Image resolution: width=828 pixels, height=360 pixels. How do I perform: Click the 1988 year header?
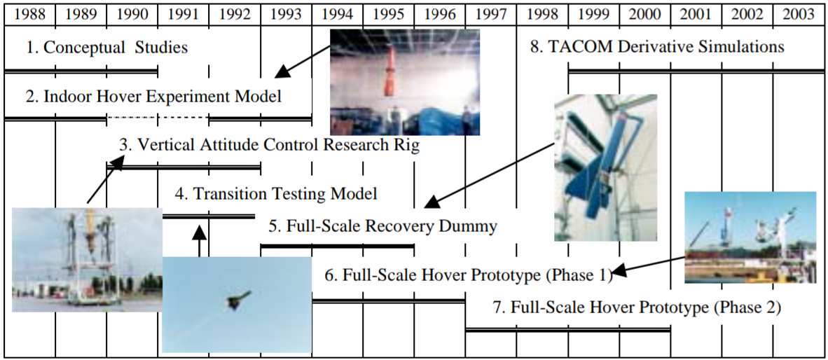(x=29, y=13)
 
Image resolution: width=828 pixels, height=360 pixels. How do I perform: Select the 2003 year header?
(x=798, y=13)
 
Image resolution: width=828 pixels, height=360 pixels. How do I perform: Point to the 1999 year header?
(x=593, y=13)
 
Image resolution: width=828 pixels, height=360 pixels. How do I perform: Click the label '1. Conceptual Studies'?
(x=107, y=48)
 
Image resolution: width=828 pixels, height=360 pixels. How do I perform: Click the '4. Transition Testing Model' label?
(x=276, y=193)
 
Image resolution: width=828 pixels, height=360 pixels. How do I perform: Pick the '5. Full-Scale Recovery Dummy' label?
(x=382, y=226)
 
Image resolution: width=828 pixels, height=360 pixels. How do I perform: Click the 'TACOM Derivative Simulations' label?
(x=657, y=48)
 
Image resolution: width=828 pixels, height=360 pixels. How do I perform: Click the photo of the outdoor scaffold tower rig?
(x=87, y=259)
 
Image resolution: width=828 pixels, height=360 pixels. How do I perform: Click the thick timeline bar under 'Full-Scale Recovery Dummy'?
(x=337, y=246)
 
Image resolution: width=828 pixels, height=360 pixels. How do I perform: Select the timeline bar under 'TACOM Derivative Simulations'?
(x=695, y=71)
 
